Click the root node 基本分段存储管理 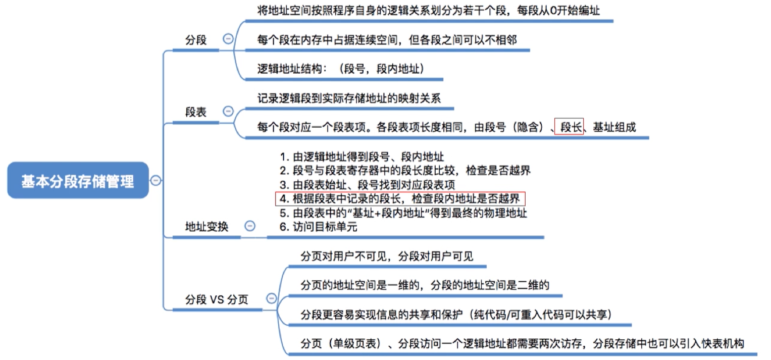point(78,181)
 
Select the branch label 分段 point(196,40)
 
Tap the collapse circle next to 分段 point(228,39)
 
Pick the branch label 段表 point(196,112)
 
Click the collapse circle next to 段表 point(228,111)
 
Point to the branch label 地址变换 point(207,227)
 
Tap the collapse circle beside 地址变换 point(249,226)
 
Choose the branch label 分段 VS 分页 point(217,299)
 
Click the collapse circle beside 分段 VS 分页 point(272,298)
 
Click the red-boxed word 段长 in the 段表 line point(569,127)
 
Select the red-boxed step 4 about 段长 point(399,198)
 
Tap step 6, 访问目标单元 point(318,227)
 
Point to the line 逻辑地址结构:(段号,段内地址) point(341,69)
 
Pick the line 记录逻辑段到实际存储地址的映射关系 point(349,98)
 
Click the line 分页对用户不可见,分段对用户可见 point(387,256)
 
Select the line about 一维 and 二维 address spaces point(425,285)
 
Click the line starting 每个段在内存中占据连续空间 point(387,40)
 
